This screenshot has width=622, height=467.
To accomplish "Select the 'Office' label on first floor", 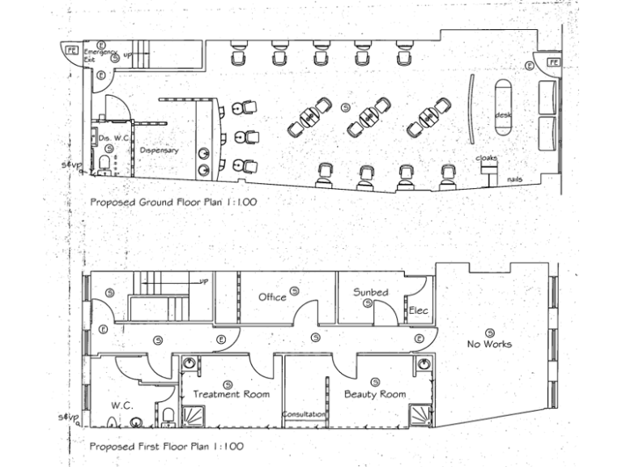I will click(272, 297).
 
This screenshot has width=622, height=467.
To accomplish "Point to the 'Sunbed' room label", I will click(370, 292).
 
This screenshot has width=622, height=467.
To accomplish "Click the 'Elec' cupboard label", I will click(418, 311).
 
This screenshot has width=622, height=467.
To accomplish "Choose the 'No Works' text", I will click(489, 344).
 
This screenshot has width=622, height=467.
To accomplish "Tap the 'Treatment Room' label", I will click(231, 394).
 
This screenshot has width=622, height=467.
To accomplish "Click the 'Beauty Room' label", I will click(374, 394).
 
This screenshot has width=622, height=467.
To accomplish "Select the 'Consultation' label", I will click(304, 414).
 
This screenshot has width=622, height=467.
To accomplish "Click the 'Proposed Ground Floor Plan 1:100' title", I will click(173, 202).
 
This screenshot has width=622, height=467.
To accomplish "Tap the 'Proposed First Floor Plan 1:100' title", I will click(166, 446).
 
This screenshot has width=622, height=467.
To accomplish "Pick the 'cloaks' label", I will click(486, 157).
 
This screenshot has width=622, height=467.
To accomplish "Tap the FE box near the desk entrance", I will click(555, 62).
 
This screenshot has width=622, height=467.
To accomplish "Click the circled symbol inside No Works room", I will click(490, 331).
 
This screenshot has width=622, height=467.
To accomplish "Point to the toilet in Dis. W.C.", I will click(104, 166).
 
